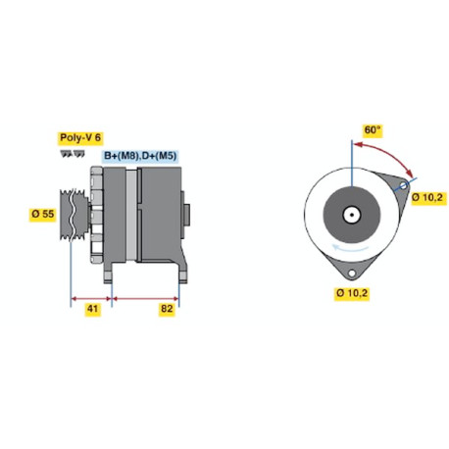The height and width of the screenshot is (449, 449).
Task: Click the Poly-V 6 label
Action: [80, 138]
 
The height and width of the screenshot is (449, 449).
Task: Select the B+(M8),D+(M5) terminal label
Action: [140, 156]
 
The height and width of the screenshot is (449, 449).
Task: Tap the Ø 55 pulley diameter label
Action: [43, 214]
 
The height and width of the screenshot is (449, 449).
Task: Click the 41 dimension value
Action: [92, 309]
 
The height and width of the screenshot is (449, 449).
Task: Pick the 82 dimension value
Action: [167, 309]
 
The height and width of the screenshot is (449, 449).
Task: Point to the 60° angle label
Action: [373, 130]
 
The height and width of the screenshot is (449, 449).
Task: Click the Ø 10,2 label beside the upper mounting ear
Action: [427, 197]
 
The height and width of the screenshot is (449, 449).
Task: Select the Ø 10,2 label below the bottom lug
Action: [352, 293]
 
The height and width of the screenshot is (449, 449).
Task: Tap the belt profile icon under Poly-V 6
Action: [73, 153]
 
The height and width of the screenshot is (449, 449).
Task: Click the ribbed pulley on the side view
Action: [74, 214]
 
